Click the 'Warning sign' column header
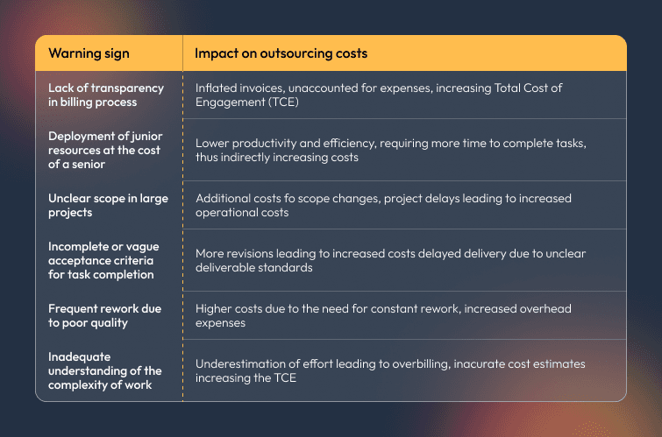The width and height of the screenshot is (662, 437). tap(89, 53)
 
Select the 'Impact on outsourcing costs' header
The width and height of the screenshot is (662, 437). tap(281, 53)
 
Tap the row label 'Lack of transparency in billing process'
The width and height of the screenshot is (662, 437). tap(106, 95)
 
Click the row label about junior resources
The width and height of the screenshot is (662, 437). tap(105, 150)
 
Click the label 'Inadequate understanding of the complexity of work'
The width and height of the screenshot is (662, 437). tap(105, 370)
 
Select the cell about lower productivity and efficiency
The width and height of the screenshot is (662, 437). tap(389, 150)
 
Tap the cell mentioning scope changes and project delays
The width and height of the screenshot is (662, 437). tap(383, 205)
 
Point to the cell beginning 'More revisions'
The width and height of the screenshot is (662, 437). tap(390, 260)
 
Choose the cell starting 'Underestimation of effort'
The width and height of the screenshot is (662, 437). tap(390, 370)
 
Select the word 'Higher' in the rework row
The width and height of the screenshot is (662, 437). tap(214, 308)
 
